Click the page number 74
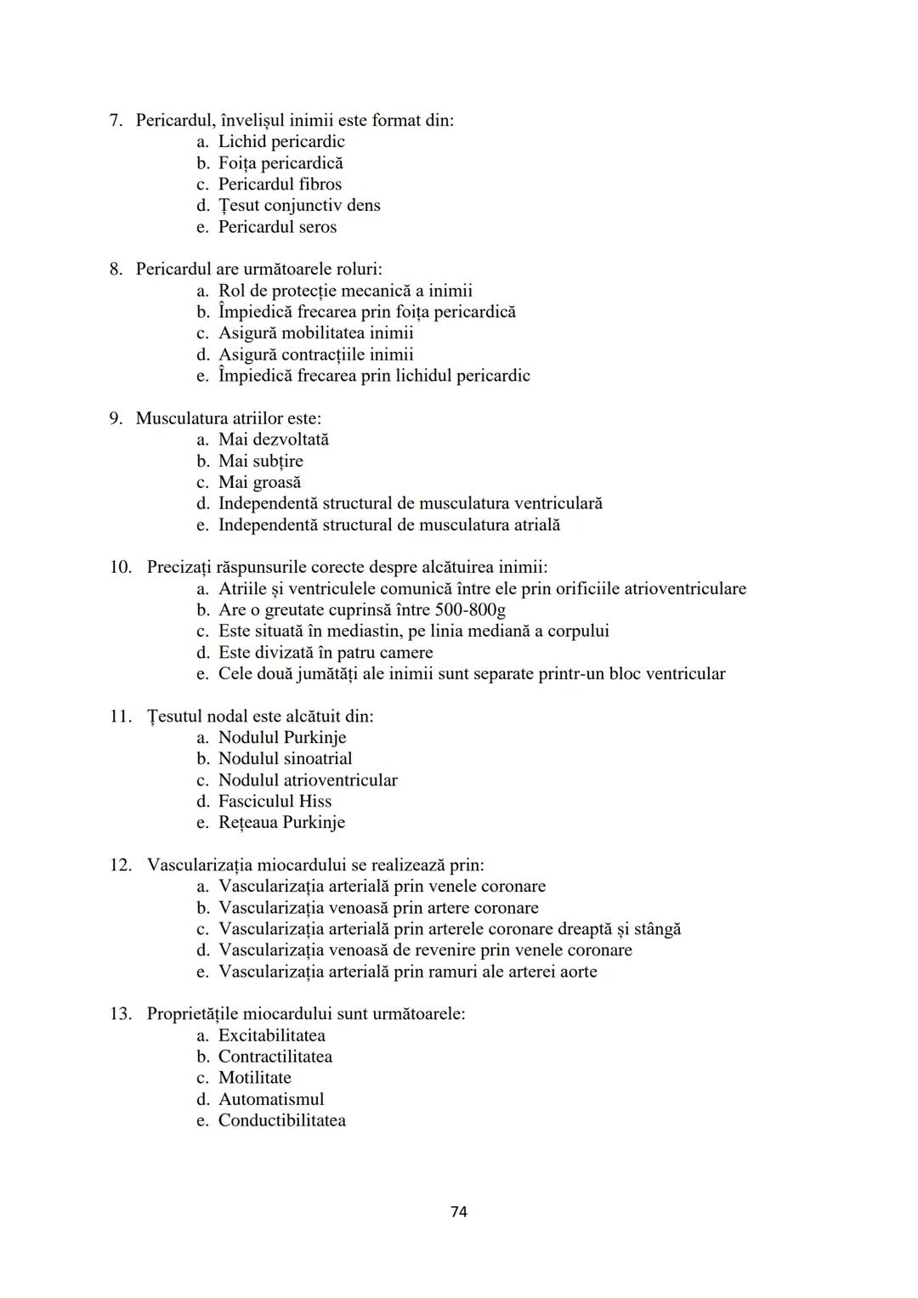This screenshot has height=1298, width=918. [x=458, y=1211]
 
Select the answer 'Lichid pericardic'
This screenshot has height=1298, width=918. [x=281, y=142]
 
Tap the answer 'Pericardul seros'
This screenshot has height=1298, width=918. [x=277, y=227]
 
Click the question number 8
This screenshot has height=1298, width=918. [x=116, y=269]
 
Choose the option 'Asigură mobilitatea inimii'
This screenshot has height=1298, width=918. [x=315, y=333]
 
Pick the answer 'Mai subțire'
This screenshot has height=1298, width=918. [x=260, y=461]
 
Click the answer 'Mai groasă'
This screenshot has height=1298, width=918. [x=259, y=482]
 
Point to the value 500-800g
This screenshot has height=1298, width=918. [x=470, y=609]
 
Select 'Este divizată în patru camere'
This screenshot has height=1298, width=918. [x=326, y=653]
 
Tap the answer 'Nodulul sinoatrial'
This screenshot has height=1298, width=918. [x=285, y=758]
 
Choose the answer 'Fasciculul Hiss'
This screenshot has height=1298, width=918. [x=275, y=801]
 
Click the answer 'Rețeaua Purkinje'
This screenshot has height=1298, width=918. [x=281, y=822]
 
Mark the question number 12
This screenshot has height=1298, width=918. [x=121, y=865]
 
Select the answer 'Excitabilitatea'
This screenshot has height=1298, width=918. [x=271, y=1035]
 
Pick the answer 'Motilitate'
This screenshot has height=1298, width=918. [x=254, y=1078]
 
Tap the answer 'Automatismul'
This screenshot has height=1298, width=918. [x=271, y=1099]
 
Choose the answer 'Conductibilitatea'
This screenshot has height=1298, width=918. [x=281, y=1120]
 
